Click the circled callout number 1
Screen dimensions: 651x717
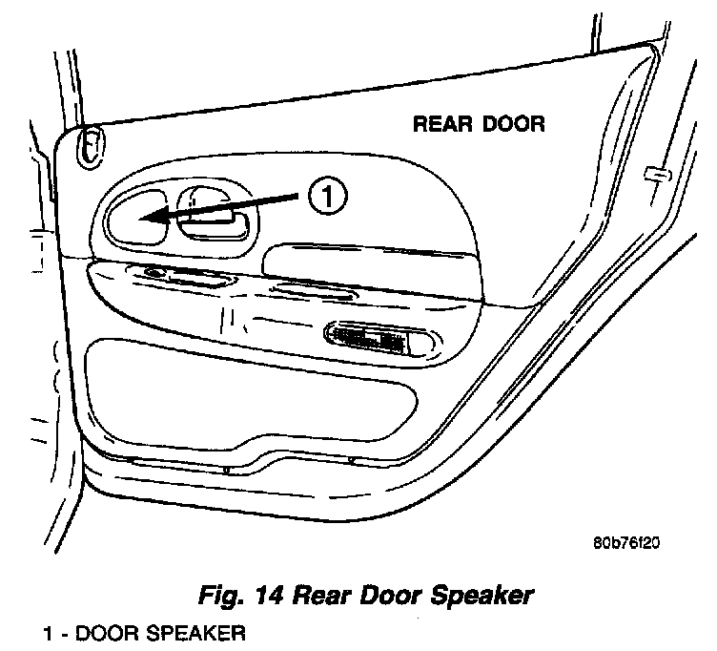coord(324,198)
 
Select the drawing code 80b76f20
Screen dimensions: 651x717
coord(625,544)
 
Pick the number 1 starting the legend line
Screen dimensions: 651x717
coord(47,633)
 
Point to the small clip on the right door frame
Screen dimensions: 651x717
coord(654,174)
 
